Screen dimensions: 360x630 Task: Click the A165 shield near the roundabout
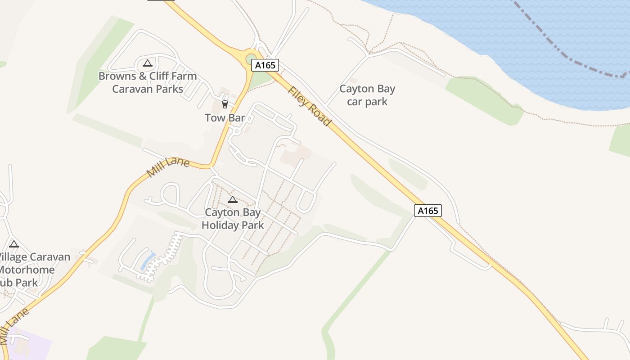tap(265, 65)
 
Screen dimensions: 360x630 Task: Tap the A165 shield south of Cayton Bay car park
tap(428, 211)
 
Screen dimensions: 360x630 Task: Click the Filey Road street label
tap(310, 106)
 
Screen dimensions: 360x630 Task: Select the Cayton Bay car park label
tap(367, 95)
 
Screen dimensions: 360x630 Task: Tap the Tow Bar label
tap(225, 118)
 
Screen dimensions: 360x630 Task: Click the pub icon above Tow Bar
tap(225, 104)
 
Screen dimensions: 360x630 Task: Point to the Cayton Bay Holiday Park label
tap(233, 219)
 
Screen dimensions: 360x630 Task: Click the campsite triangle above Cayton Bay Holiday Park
tap(233, 199)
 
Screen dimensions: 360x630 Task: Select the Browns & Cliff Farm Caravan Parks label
tap(148, 82)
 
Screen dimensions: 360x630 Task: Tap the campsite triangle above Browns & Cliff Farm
tap(148, 63)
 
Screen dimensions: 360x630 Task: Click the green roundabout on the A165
tap(250, 59)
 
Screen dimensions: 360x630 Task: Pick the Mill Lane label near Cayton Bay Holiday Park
tap(168, 167)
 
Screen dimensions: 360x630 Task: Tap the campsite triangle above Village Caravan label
tap(14, 244)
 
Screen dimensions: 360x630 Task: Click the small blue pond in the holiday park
tap(148, 261)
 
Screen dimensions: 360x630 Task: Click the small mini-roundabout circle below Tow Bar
tap(237, 131)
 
